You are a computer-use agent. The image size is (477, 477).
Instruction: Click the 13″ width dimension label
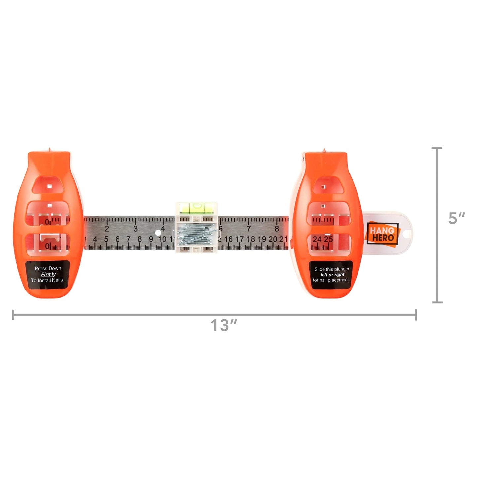point(224,325)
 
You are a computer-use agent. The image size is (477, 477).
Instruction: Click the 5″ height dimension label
point(457,219)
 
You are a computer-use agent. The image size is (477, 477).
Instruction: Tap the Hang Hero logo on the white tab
point(383,234)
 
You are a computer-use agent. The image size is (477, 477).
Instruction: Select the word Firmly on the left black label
point(48,274)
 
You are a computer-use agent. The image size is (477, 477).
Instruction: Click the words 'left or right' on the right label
point(332,275)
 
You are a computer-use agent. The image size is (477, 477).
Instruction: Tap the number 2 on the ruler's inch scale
point(107,229)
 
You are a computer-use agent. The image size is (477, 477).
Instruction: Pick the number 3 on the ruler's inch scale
point(135,229)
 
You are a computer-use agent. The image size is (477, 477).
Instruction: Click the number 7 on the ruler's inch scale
point(249,229)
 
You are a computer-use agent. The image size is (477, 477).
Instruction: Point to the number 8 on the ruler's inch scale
point(277,229)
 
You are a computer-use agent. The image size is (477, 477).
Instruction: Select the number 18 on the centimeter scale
point(251,239)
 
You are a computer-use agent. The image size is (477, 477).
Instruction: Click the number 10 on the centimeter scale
point(162,239)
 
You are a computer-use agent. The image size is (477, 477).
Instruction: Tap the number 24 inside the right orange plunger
point(317,239)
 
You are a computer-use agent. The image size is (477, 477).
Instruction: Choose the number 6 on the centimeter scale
point(117,239)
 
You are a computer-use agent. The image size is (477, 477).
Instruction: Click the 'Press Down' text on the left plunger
point(48,268)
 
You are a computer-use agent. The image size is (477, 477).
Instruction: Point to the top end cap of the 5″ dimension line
point(437,148)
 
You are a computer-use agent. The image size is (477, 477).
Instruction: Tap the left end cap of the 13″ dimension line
point(13,315)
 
